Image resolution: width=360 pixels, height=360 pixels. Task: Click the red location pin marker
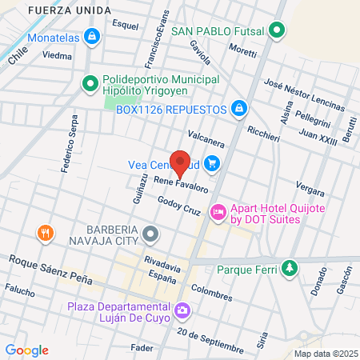click(x=181, y=162)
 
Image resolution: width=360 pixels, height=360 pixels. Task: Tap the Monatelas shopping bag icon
click(x=94, y=37)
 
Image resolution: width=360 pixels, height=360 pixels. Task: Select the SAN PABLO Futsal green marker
click(x=277, y=31)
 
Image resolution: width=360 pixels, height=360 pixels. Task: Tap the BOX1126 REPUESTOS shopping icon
click(x=238, y=108)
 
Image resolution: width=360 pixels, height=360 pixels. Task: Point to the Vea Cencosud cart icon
click(x=212, y=164)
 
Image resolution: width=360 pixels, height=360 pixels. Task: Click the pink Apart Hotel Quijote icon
click(x=218, y=212)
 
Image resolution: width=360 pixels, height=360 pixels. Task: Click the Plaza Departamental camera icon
click(x=183, y=309)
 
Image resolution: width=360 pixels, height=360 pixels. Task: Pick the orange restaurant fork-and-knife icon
click(x=46, y=233)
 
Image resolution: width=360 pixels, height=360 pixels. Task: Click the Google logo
click(x=26, y=350)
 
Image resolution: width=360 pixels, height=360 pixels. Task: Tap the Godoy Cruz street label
click(x=178, y=206)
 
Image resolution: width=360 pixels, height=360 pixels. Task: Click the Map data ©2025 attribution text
click(x=325, y=353)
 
